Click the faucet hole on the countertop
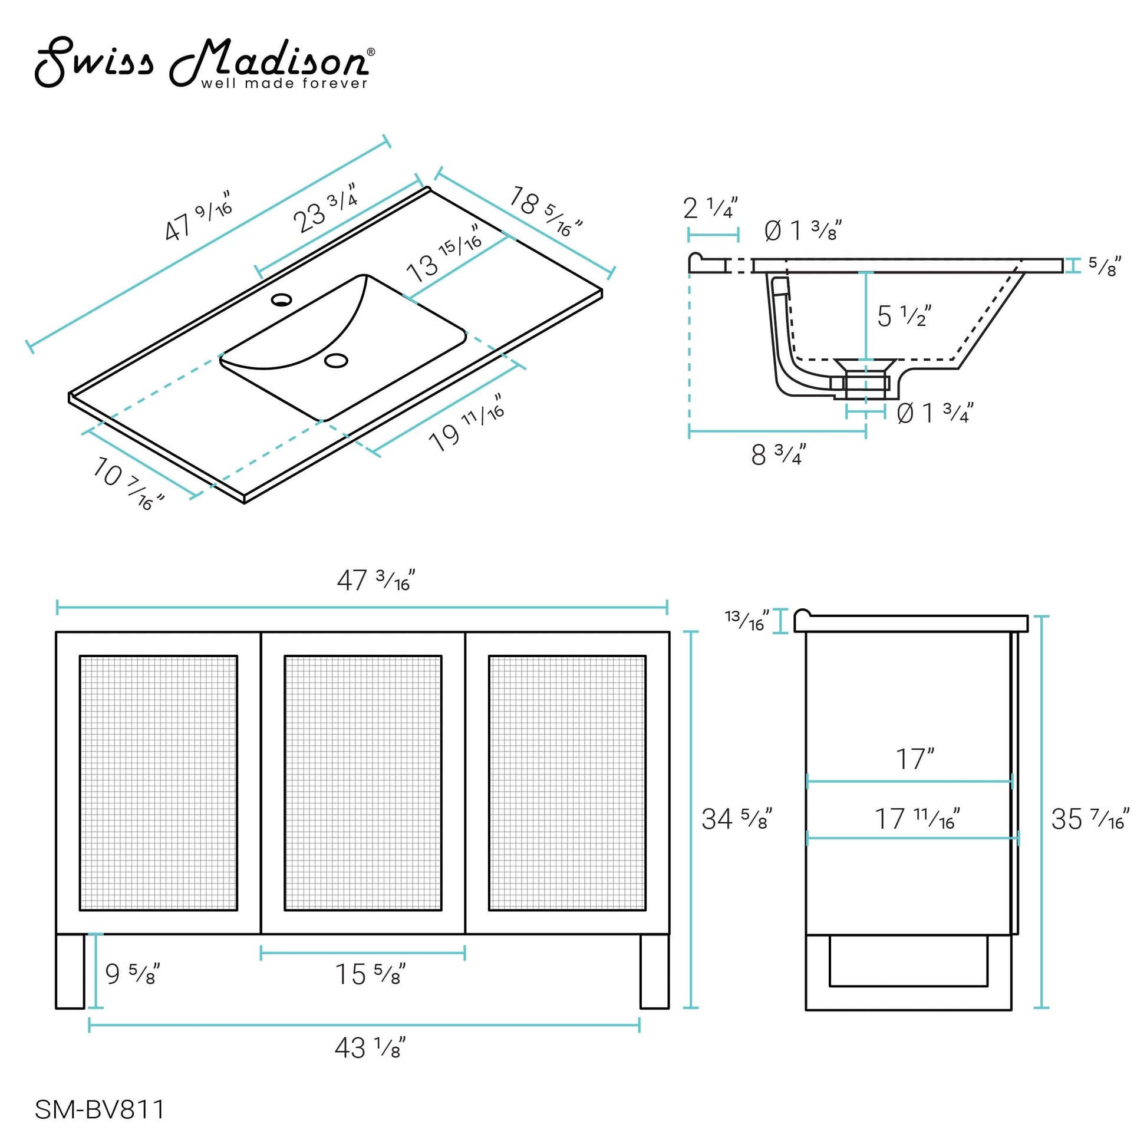281,299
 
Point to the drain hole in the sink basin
337,360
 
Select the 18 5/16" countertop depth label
545,212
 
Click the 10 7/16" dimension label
127,483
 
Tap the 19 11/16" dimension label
467,422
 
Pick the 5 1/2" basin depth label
904,316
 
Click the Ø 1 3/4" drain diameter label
935,413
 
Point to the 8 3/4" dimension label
778,455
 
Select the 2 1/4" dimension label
710,208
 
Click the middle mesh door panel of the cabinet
362,782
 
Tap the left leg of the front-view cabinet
70,971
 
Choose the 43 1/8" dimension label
370,1048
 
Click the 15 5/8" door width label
371,974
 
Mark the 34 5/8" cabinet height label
736,819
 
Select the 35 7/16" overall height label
1089,819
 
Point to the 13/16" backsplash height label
747,620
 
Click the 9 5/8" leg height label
133,974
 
